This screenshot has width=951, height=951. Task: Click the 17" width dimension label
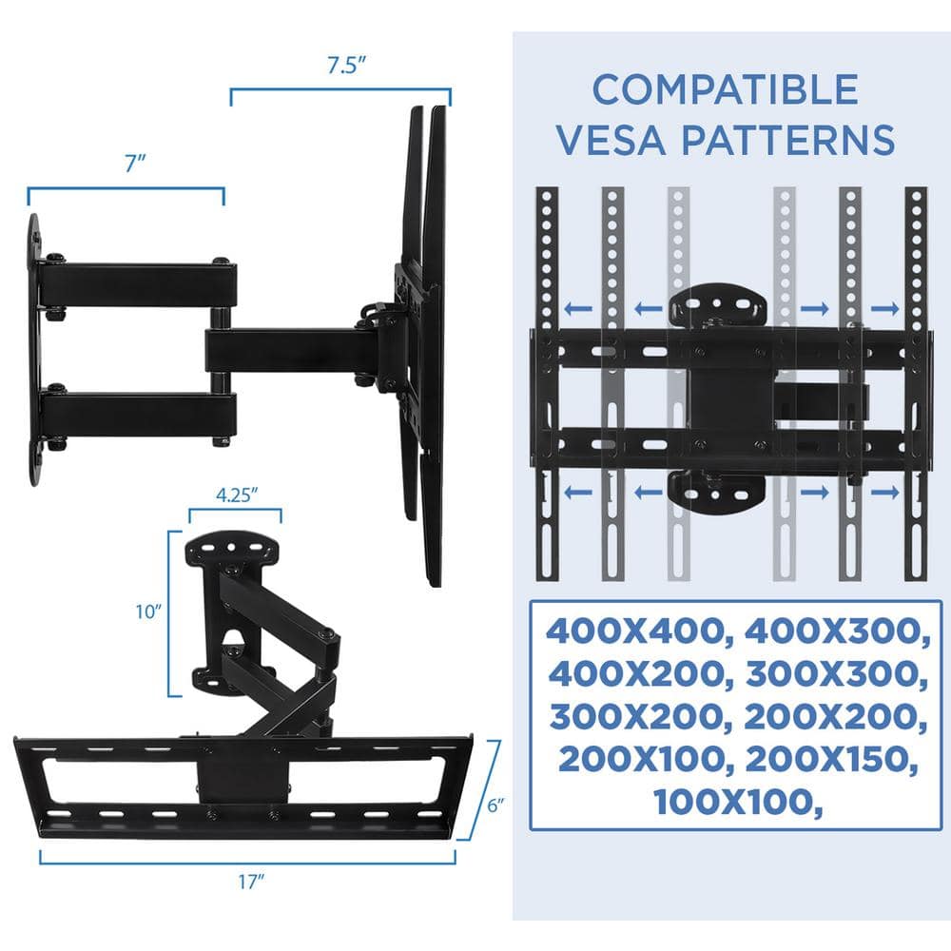pos(249,882)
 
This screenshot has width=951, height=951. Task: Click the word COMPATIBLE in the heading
pos(725,90)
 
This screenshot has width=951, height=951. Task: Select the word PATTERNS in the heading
pos(787,139)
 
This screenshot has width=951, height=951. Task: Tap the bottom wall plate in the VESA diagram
pos(717,490)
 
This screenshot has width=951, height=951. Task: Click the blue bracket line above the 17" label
pos(248,860)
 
